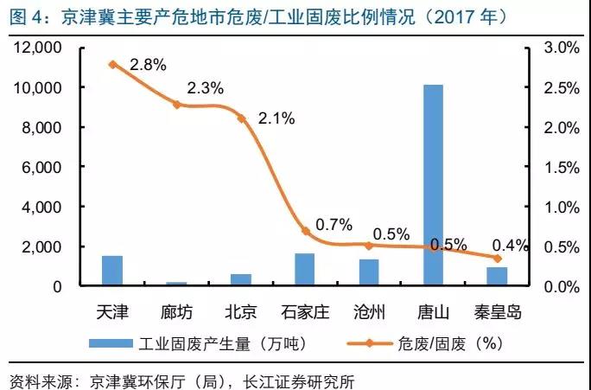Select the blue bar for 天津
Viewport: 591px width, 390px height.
[112, 270]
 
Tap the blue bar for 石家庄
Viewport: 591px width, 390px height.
[305, 269]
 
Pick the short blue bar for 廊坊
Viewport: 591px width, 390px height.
[176, 283]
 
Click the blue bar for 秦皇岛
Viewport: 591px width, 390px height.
[497, 276]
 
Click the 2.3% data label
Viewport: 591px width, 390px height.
[206, 88]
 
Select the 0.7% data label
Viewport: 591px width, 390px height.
[334, 225]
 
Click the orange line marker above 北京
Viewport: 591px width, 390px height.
[241, 118]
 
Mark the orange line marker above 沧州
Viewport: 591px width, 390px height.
[369, 246]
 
